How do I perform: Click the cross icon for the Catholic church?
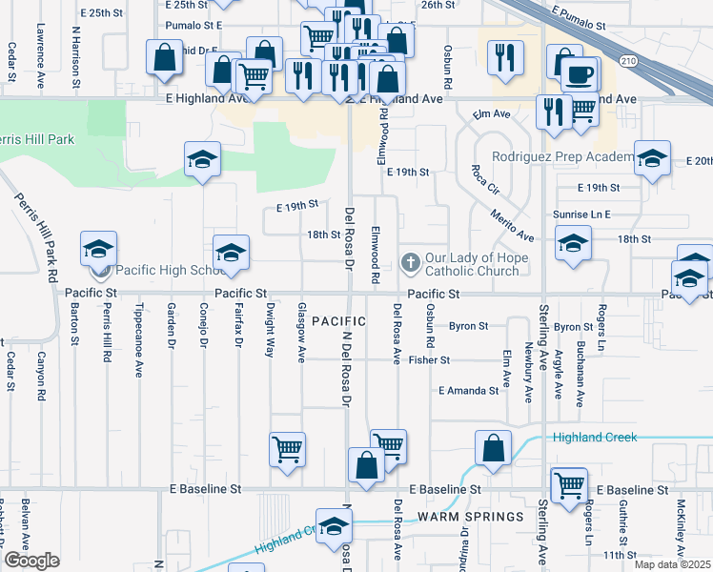(x=411, y=261)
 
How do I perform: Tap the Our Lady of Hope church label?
(x=472, y=264)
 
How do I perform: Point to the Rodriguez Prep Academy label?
(x=562, y=157)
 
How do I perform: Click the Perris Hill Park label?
(x=36, y=139)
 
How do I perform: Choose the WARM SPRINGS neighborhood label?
(x=470, y=517)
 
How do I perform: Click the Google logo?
(x=31, y=561)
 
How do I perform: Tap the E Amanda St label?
(x=469, y=391)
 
